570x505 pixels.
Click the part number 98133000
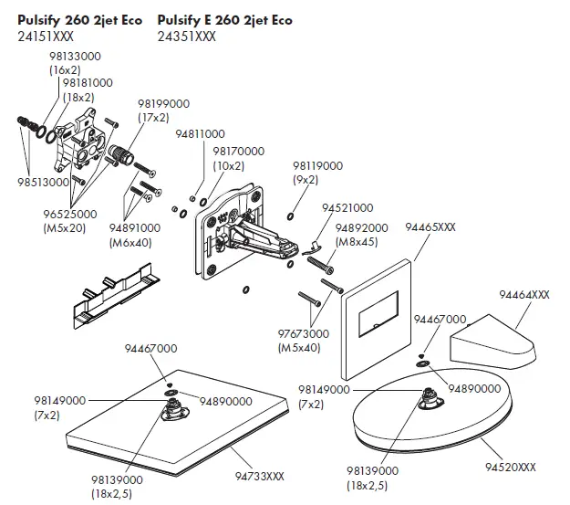[x=74, y=56]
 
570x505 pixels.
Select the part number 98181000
[x=88, y=83]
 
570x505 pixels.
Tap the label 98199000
[x=163, y=104]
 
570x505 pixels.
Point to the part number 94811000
[x=200, y=134]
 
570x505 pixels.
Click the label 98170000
[x=239, y=152]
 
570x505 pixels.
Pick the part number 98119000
[x=317, y=166]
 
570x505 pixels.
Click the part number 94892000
[x=361, y=227]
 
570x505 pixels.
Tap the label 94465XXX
[x=430, y=226]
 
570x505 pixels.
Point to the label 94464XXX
[x=523, y=295]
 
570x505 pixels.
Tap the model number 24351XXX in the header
[x=186, y=37]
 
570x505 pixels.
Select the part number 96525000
[x=64, y=215]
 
